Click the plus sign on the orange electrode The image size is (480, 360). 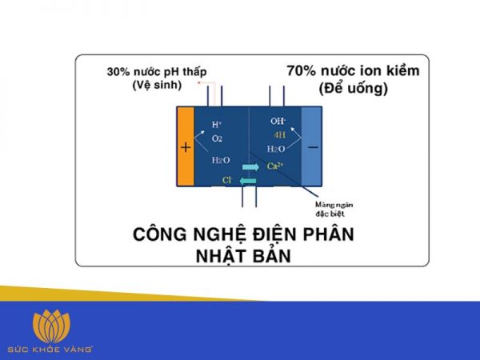click(x=186, y=147)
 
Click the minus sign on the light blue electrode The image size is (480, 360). click(x=311, y=147)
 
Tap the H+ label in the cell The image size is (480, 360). click(x=217, y=125)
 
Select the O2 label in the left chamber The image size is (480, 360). click(x=217, y=138)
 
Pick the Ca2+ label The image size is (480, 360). click(x=274, y=166)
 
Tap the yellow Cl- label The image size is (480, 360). click(x=227, y=182)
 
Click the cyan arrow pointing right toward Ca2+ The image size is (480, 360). click(x=250, y=166)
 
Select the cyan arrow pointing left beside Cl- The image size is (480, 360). click(x=248, y=182)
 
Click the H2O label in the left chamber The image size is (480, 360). click(x=220, y=160)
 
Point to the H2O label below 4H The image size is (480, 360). click(x=276, y=149)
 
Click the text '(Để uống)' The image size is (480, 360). click(x=353, y=88)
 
